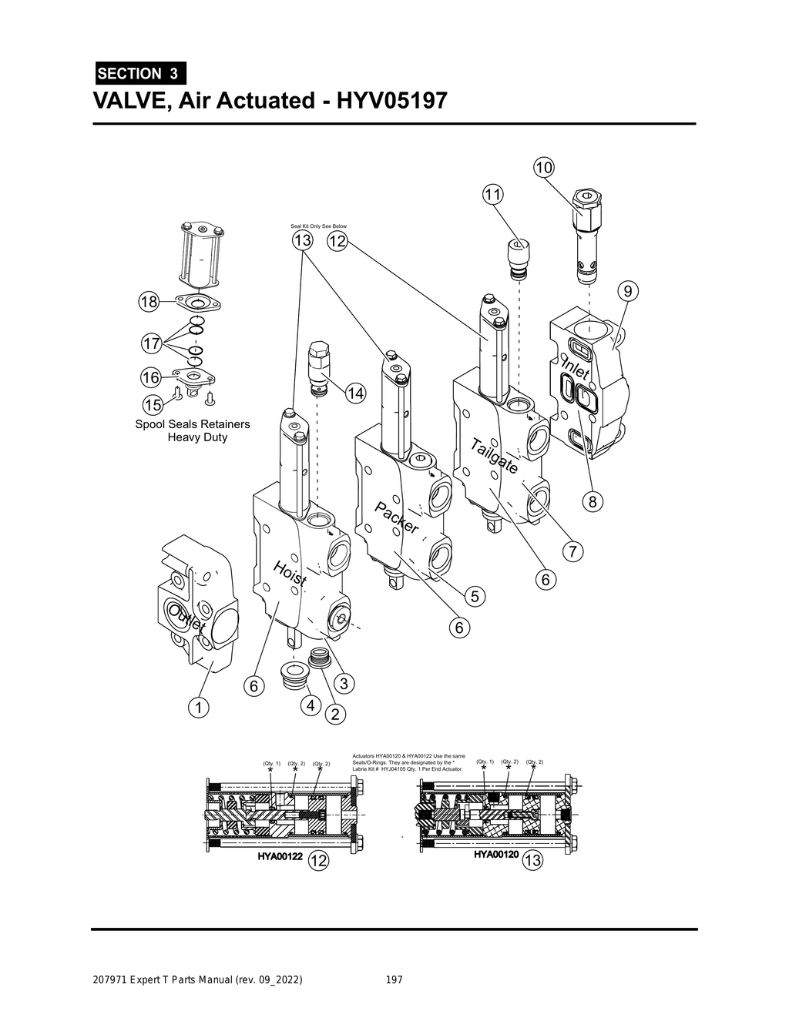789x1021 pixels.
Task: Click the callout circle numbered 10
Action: click(x=544, y=167)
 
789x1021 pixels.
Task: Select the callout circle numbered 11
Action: click(x=492, y=194)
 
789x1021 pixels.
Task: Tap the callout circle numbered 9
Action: click(x=628, y=291)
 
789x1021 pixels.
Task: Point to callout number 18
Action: click(x=148, y=302)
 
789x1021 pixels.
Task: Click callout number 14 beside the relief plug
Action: click(x=354, y=393)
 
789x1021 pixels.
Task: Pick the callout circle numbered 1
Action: click(x=199, y=706)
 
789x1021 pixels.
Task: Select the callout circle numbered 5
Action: click(x=475, y=596)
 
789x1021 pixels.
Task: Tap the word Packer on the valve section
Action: click(x=397, y=517)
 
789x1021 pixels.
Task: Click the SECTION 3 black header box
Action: click(x=139, y=73)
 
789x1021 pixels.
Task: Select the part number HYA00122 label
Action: click(x=279, y=856)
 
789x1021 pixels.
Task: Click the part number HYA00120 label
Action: click(x=495, y=855)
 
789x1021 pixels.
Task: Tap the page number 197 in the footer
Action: click(x=394, y=980)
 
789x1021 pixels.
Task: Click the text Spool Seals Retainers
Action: click(x=193, y=424)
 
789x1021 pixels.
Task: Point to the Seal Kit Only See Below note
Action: click(x=318, y=226)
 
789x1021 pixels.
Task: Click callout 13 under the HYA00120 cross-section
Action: click(x=532, y=861)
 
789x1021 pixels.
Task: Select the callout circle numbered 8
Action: click(x=592, y=502)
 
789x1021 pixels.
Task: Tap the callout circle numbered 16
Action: click(x=151, y=377)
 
